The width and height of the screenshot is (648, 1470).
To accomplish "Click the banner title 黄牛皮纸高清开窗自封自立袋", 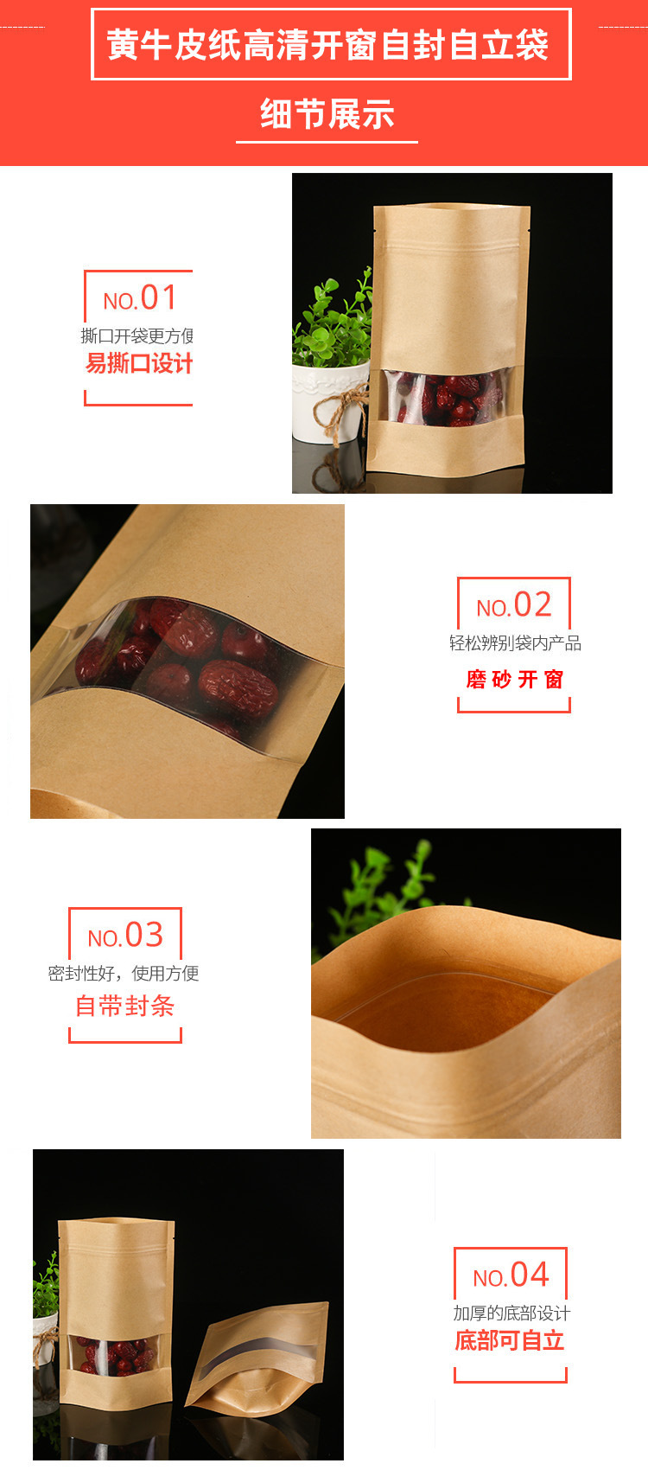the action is pos(328,45).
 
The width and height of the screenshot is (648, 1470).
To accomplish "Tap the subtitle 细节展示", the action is pos(327,113).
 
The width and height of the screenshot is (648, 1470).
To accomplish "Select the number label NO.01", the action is pos(140,298).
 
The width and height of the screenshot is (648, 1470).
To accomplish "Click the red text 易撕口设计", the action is pos(139,363).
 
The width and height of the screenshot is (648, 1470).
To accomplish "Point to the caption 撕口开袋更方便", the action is pos(137,336).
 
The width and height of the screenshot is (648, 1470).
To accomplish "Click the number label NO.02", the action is pos(514,604).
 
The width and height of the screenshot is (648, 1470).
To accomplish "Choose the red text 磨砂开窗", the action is pos(515,679).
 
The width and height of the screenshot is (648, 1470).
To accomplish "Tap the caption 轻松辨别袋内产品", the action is pos(515,643).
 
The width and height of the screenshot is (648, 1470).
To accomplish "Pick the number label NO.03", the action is pos(125,935).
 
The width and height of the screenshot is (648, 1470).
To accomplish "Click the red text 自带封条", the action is pos(124,1006).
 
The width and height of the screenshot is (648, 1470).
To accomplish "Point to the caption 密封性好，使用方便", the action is pos(124,973).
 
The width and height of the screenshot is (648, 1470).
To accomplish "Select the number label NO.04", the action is pos(511,1275).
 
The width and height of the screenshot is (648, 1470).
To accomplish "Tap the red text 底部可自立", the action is pos(511,1340).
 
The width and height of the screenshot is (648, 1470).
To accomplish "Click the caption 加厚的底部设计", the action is pos(511,1313).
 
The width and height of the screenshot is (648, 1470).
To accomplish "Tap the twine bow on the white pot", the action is pos(342,407).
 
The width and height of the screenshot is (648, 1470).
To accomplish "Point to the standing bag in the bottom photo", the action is pos(116,1312).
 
